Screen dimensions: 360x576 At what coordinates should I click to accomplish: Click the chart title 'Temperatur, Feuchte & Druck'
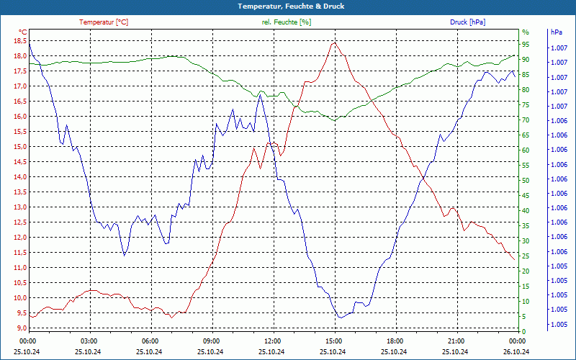287,6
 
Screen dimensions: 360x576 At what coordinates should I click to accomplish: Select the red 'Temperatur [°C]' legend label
104,22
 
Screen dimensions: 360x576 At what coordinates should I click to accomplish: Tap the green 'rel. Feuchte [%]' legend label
287,22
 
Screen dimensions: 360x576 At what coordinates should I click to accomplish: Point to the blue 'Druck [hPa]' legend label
467,22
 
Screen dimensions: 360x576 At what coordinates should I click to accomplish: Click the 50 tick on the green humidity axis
526,180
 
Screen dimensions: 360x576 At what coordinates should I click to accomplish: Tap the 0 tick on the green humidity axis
524,331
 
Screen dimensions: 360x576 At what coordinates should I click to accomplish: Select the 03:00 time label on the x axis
89,340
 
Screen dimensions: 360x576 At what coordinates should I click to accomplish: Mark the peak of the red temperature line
333,42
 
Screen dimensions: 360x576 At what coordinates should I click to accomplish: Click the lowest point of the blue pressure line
340,318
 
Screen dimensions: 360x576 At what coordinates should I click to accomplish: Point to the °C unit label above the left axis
23,32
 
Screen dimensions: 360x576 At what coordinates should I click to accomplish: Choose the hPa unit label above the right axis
556,32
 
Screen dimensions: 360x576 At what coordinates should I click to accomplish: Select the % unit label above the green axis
526,32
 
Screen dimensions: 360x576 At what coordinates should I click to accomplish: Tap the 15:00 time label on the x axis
334,340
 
